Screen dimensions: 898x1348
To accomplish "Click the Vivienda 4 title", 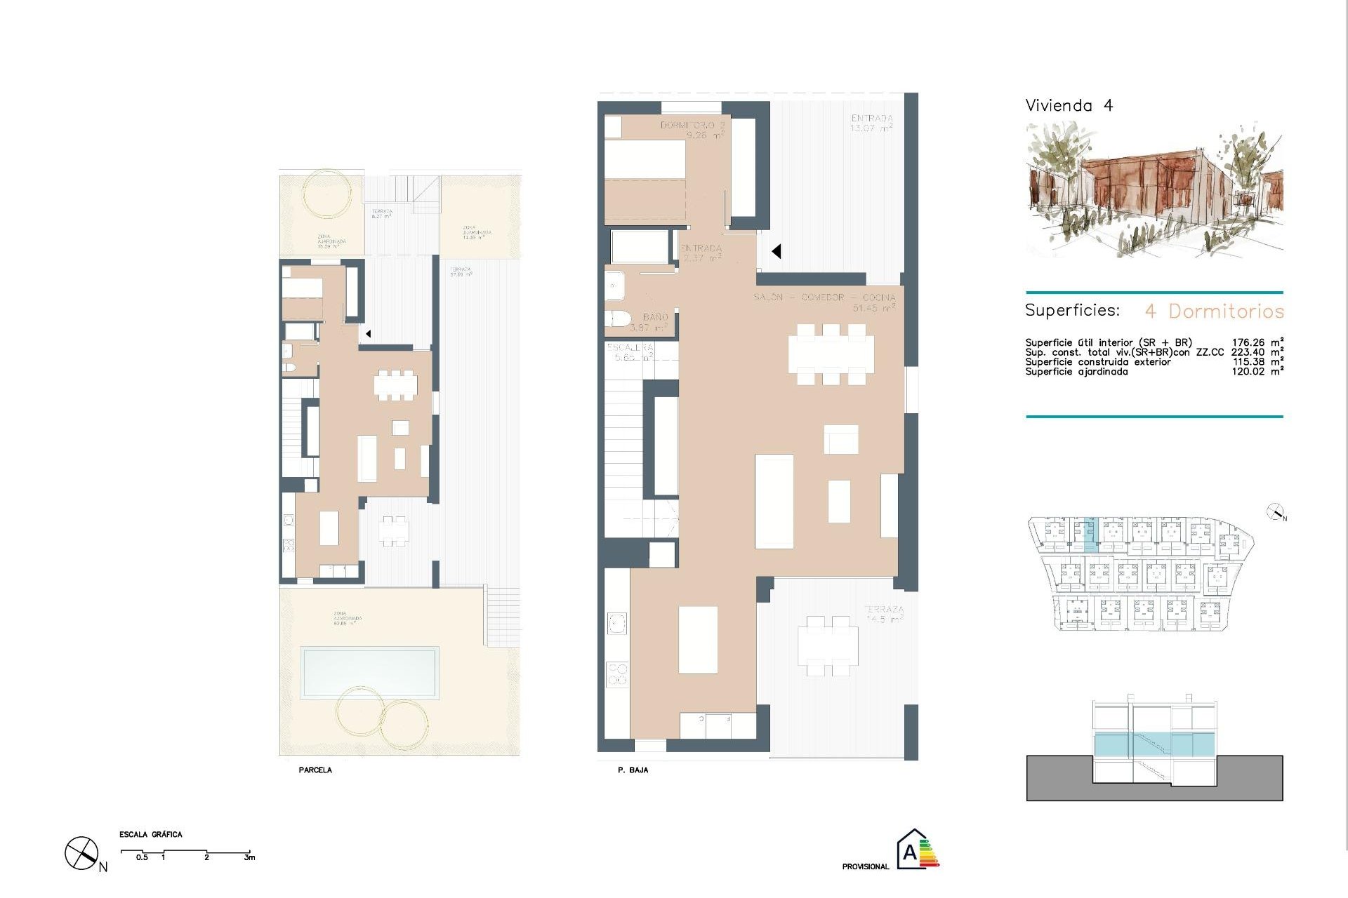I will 1069,106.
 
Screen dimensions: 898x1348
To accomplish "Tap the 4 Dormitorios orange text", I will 1214,311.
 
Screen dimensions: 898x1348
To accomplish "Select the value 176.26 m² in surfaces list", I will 1257,343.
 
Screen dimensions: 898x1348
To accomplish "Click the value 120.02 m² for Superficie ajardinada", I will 1257,372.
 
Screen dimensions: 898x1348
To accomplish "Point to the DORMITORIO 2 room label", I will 692,130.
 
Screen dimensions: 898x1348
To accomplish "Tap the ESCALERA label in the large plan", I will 630,352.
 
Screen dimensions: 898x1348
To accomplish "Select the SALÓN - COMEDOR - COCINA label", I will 824,302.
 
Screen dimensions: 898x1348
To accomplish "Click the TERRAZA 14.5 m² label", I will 883,615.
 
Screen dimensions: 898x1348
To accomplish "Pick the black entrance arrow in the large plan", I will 776,251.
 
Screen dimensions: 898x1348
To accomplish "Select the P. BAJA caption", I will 633,770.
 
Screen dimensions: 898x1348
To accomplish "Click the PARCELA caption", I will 315,770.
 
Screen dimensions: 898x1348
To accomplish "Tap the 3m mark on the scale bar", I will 249,857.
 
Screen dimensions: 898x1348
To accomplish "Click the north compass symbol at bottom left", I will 81,854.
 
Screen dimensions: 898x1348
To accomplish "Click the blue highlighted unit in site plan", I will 1089,535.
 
